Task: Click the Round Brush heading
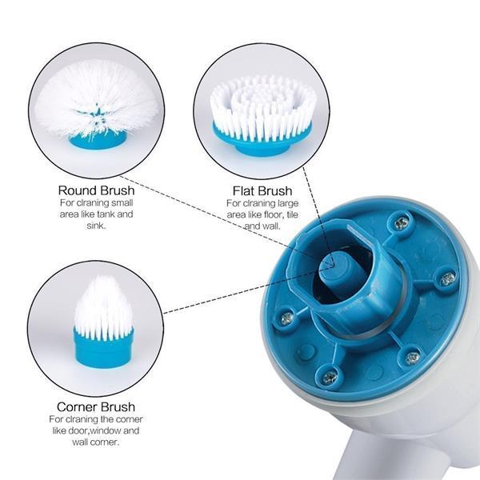(96, 191)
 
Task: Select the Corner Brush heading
(95, 407)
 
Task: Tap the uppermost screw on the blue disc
(400, 222)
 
